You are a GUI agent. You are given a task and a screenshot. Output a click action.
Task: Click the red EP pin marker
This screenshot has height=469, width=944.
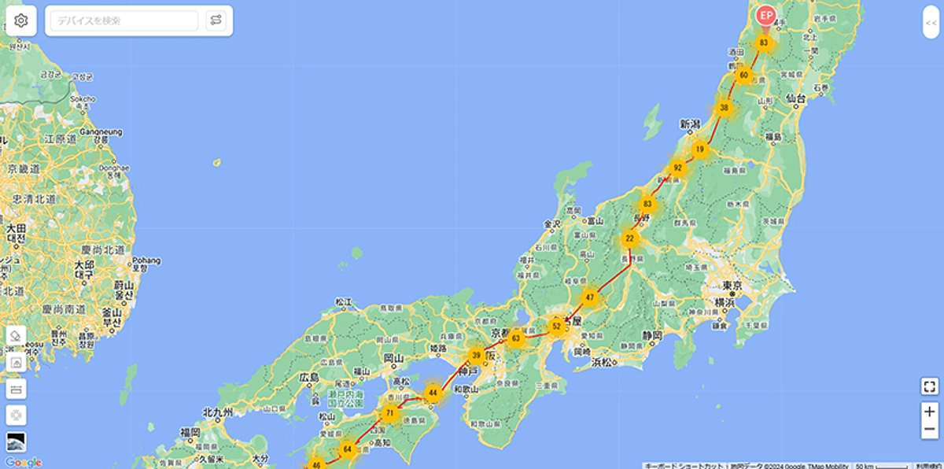click(765, 16)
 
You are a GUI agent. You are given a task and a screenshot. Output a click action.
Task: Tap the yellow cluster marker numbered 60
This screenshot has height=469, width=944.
click(743, 76)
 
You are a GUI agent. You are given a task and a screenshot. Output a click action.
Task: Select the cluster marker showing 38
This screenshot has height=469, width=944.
click(724, 108)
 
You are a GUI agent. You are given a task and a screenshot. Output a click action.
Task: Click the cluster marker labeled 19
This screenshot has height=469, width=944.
click(699, 149)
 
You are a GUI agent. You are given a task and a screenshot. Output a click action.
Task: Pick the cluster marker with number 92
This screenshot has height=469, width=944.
click(677, 168)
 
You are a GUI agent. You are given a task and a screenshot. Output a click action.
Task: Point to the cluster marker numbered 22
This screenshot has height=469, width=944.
click(629, 238)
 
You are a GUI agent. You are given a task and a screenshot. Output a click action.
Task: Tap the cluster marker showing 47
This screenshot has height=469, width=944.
click(590, 297)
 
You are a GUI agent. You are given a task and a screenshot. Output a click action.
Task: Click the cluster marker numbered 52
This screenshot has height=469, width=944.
click(557, 325)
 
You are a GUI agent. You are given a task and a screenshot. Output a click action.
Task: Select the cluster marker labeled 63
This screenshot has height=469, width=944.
click(516, 338)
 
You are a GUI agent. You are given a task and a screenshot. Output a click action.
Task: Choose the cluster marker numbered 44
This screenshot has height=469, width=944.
click(432, 392)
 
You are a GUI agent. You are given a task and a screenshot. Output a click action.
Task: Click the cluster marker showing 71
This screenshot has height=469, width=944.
click(389, 413)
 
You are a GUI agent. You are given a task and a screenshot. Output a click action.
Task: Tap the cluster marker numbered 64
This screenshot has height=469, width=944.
click(347, 449)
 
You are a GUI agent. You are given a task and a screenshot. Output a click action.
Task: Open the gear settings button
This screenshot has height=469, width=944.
click(21, 20)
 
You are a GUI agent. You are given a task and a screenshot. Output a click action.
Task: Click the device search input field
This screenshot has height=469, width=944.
click(124, 20)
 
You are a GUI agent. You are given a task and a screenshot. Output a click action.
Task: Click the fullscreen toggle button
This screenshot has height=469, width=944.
click(929, 386)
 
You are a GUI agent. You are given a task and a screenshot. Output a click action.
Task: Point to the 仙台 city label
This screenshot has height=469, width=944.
click(795, 98)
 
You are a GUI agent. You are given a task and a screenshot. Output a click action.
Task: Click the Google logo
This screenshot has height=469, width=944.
click(22, 462)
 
